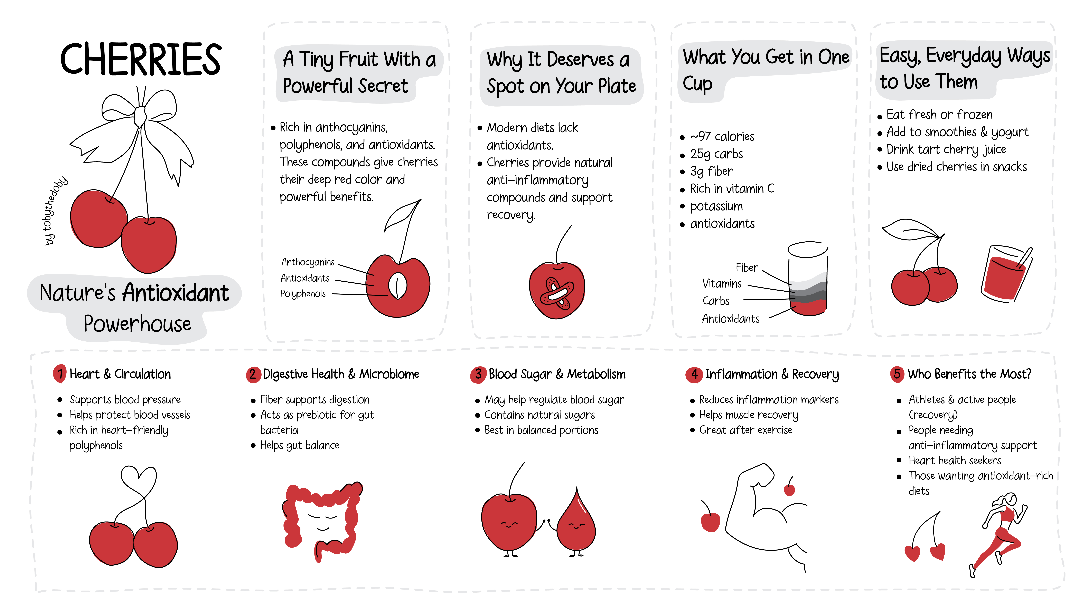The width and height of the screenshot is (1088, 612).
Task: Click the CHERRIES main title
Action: (x=141, y=59)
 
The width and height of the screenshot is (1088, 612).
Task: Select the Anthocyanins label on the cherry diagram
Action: (x=308, y=262)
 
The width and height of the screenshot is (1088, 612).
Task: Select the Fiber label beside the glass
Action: (x=747, y=268)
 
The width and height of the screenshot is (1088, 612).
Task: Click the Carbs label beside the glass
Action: (x=716, y=301)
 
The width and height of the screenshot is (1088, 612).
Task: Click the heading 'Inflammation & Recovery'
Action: (x=772, y=374)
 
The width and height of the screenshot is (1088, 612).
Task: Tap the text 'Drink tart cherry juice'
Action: (x=946, y=149)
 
